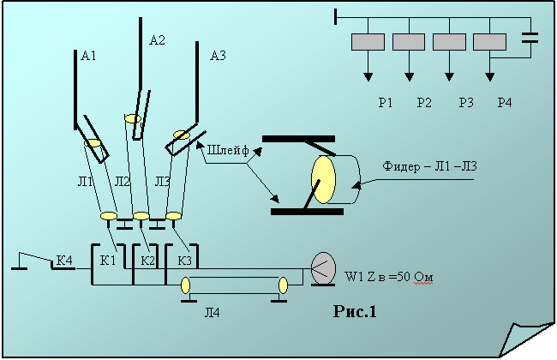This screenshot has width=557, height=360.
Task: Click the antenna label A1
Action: (87, 57)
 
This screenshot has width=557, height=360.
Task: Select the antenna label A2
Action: (157, 39)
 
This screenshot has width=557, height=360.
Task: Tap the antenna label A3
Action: (218, 57)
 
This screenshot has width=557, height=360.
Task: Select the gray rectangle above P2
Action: (409, 41)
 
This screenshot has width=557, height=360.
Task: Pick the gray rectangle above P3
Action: (450, 41)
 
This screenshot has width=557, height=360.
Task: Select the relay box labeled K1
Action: (107, 260)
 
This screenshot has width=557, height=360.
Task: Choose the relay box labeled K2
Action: (147, 260)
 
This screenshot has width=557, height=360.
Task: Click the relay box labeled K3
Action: (184, 260)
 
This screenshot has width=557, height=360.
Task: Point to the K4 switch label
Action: (64, 260)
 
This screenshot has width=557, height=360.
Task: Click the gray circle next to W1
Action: (323, 268)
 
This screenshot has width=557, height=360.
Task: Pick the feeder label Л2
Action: (122, 180)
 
